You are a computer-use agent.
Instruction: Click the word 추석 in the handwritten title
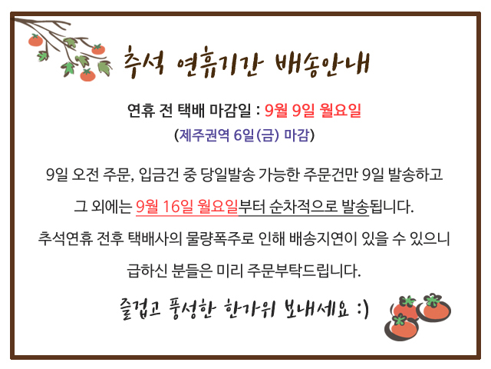[x=143, y=62]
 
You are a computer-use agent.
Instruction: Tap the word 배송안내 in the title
[x=322, y=65]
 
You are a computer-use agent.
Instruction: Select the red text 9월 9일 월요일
[x=313, y=111]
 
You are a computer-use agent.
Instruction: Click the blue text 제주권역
[x=204, y=135]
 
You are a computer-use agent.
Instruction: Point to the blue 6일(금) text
[x=256, y=135]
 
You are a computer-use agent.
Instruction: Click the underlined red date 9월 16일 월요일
[x=187, y=207]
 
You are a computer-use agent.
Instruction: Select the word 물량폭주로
[x=219, y=239]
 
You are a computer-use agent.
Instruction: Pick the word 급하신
[x=147, y=271]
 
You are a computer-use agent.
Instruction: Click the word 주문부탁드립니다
[x=304, y=271]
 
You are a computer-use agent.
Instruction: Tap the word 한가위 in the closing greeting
[x=249, y=308]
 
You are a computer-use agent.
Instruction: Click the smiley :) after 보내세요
[x=363, y=309]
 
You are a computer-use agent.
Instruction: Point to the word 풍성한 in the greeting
[x=192, y=308]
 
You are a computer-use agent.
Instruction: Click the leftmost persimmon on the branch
[x=35, y=40]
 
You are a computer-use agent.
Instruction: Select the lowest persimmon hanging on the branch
[x=87, y=75]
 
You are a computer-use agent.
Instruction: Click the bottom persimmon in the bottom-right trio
[x=402, y=327]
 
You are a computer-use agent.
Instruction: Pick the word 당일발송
[x=227, y=175]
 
